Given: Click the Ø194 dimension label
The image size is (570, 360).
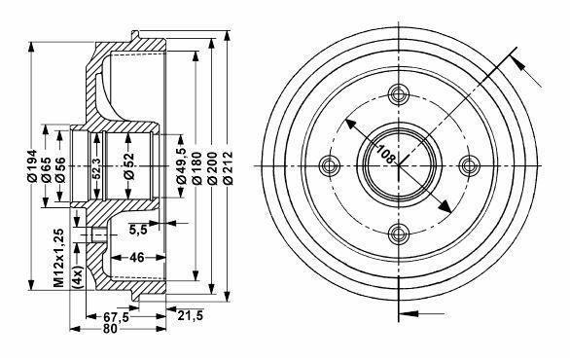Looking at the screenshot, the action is coord(32,165).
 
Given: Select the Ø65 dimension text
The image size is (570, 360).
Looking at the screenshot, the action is coord(46,170).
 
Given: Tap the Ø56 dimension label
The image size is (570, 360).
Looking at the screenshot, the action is coord(60,170).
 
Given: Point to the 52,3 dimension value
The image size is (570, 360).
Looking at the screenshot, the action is coord(96,168).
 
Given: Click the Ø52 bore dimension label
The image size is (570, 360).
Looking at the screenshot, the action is coord(128,166).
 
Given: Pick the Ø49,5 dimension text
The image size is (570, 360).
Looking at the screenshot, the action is coord(181,165).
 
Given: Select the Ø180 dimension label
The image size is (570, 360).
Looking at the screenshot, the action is coord(196,168).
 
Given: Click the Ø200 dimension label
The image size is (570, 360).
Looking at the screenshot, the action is coord(212,168).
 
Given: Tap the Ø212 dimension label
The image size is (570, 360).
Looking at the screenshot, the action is coord(228,168).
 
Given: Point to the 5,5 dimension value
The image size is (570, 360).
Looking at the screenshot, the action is coord(138,229).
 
